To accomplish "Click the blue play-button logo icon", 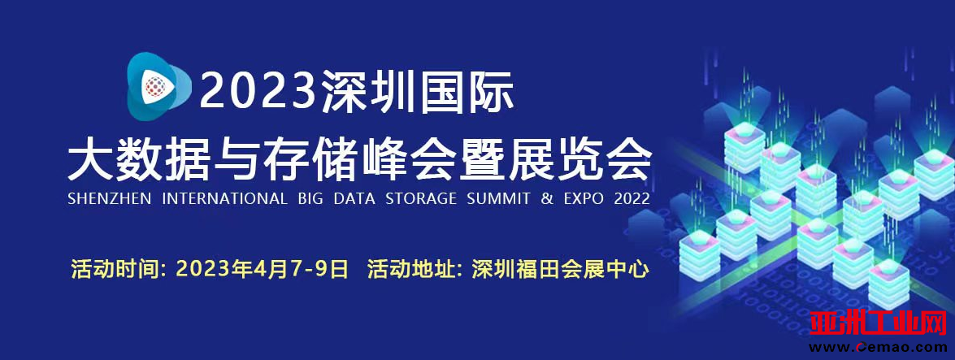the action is (157, 86).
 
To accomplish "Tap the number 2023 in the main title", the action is (259, 90).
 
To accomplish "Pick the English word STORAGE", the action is (421, 198).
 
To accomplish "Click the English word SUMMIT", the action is (499, 198).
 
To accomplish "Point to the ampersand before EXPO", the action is (548, 198).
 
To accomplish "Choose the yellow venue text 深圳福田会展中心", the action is (560, 269).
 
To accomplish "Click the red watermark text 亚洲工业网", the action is (879, 323).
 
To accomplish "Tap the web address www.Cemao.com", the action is (879, 347).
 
